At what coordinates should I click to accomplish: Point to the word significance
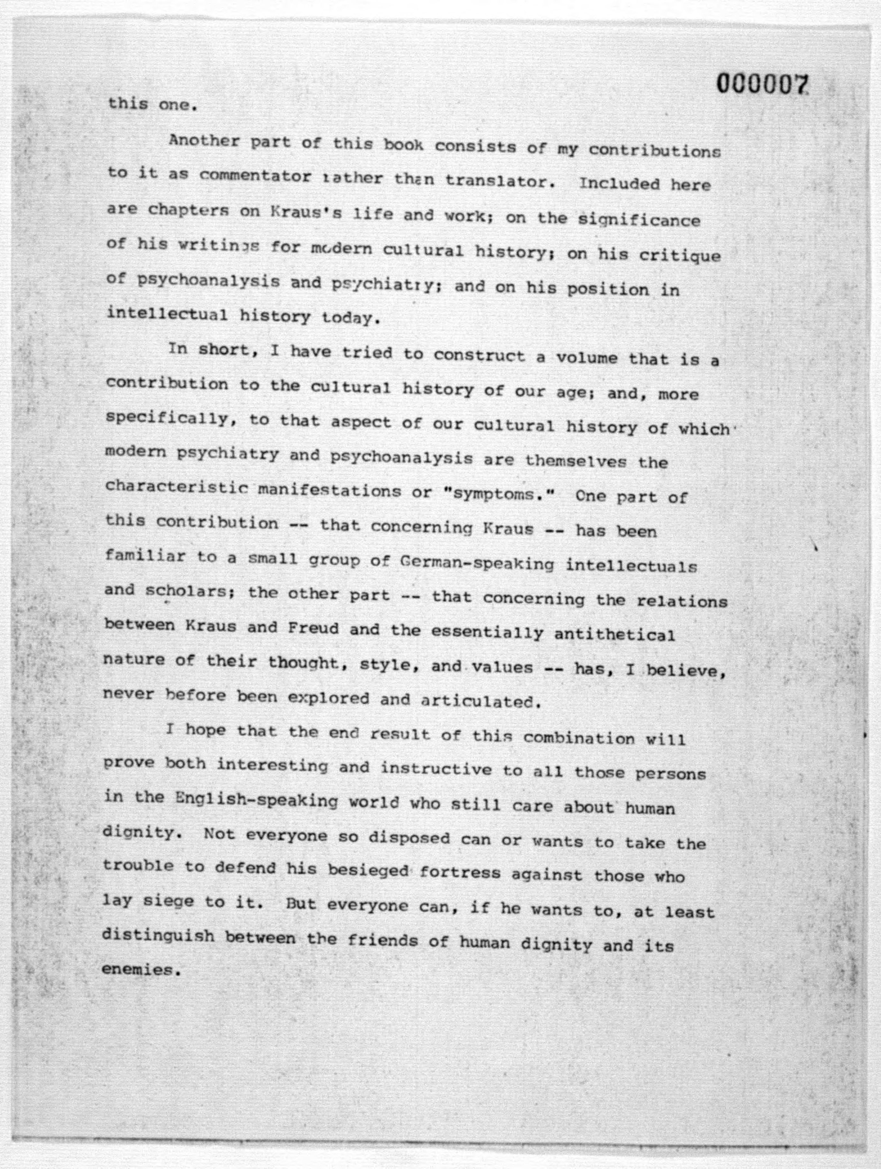(639, 219)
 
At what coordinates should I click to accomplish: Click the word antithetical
(614, 634)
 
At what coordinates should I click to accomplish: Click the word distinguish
(158, 937)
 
